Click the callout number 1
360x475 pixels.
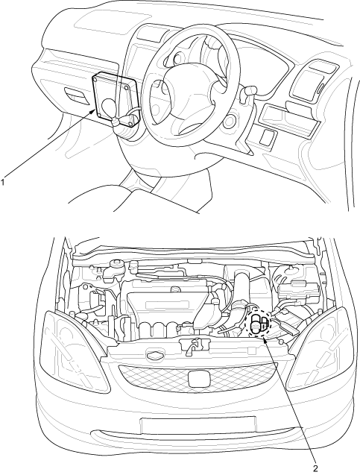(3, 182)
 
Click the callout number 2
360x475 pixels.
(315, 468)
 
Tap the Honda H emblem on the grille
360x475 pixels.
(198, 379)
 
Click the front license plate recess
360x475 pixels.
(198, 425)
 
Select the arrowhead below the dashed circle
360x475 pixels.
(265, 339)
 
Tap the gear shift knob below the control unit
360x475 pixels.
(116, 123)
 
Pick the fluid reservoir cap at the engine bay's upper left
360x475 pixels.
(116, 262)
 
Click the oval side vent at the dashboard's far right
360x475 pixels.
(320, 90)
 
